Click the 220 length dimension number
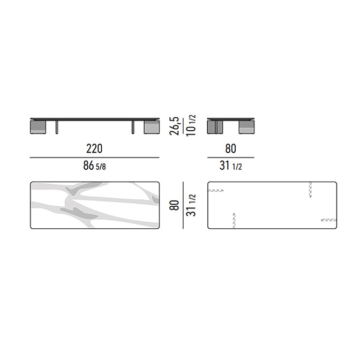[x=94, y=148]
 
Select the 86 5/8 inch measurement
[x=94, y=166]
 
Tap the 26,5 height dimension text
[x=174, y=126]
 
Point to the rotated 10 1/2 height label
[x=191, y=125]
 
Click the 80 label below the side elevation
[x=230, y=148]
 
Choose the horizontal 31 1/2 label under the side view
[x=230, y=166]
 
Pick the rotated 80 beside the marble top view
[x=174, y=205]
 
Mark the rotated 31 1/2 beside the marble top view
[x=191, y=205]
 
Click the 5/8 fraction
[x=101, y=167]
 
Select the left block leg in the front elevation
[x=38, y=127]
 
